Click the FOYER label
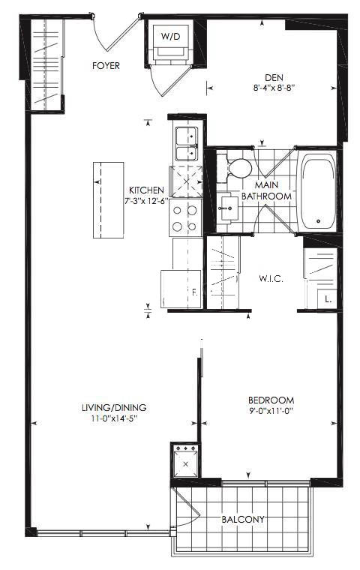(106, 66)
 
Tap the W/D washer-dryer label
(171, 36)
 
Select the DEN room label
(274, 78)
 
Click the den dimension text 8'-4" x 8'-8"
(274, 88)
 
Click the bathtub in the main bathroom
(318, 191)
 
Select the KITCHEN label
(146, 190)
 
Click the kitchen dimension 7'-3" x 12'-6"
(146, 201)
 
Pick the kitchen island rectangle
(108, 200)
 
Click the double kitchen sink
(187, 143)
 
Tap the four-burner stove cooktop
(185, 217)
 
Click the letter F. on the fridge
(194, 292)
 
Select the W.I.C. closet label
(271, 279)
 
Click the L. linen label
(328, 300)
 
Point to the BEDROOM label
(271, 400)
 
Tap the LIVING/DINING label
(114, 408)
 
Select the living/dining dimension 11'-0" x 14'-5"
(114, 418)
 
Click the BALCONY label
(243, 520)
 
